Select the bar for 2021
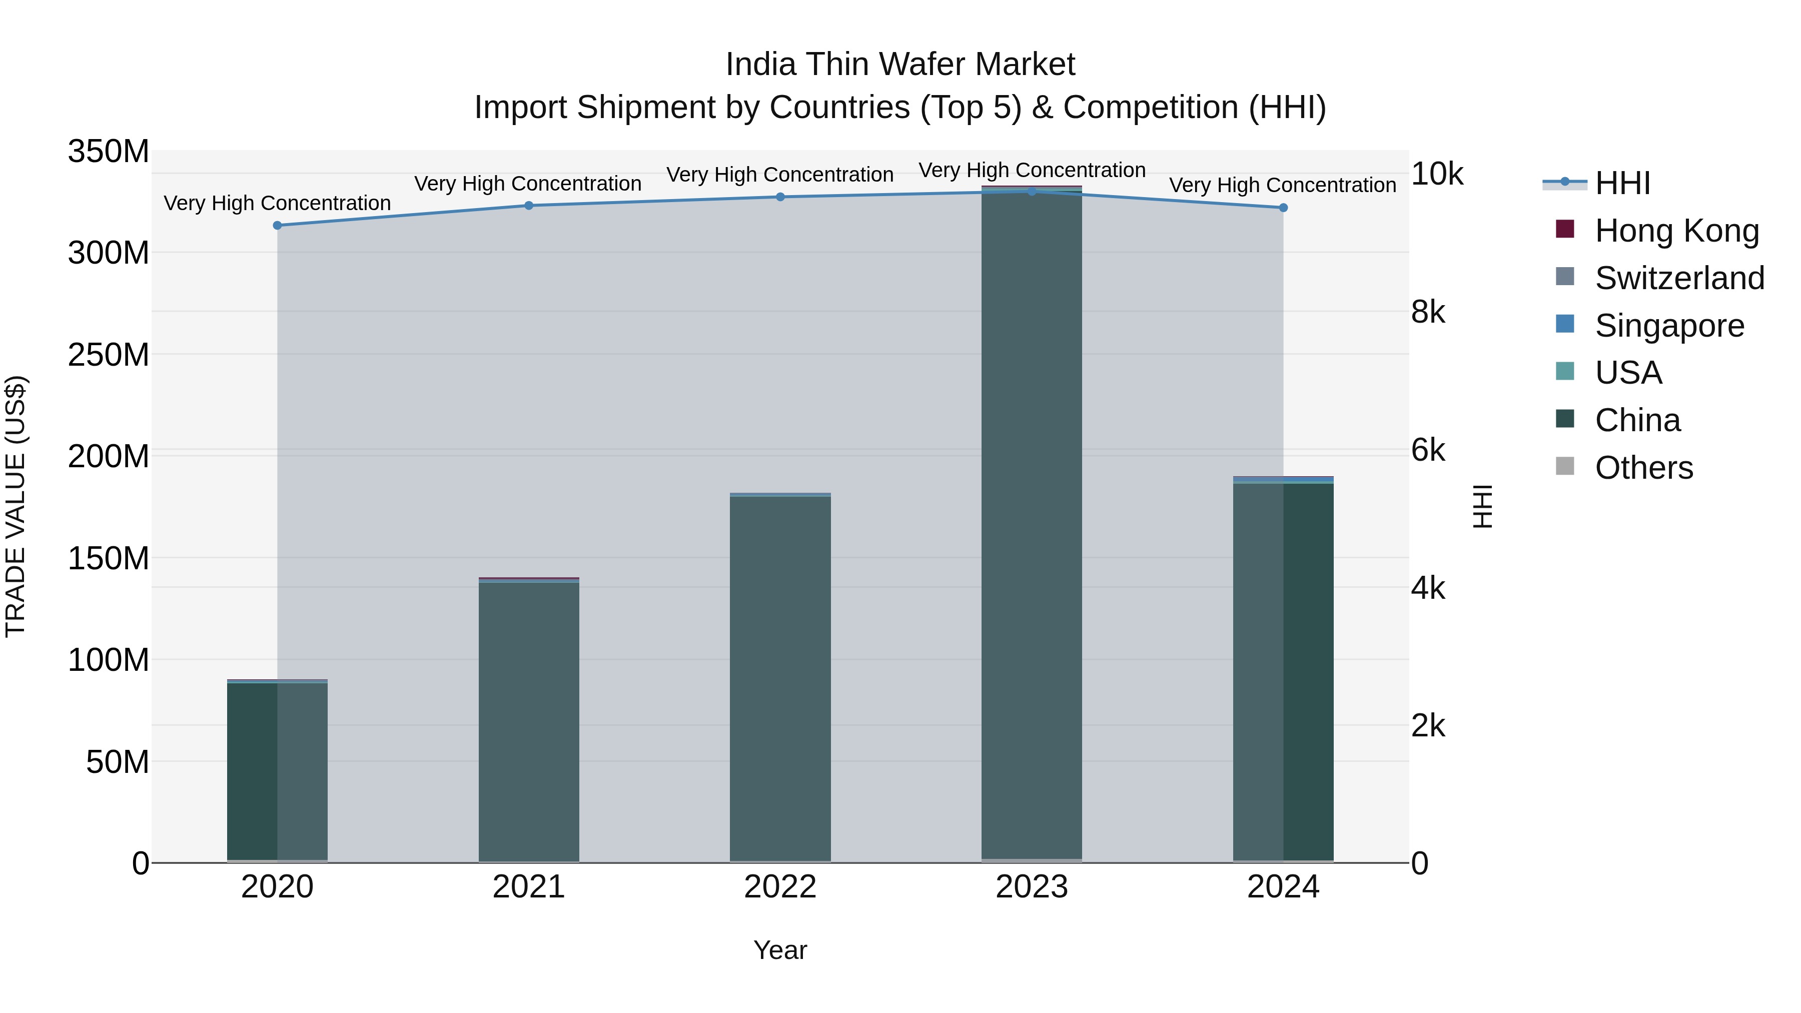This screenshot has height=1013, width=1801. [529, 720]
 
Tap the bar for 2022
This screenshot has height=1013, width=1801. [780, 678]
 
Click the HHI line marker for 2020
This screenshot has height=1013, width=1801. [278, 225]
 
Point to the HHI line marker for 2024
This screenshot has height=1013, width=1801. [1283, 208]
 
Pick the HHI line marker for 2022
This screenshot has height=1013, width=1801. [780, 197]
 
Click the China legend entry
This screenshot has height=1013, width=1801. [1636, 420]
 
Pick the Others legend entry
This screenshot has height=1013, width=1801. [1643, 468]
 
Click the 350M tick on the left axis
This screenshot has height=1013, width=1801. [109, 152]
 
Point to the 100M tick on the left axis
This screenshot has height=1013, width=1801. [109, 660]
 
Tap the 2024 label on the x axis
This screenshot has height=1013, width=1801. [1283, 887]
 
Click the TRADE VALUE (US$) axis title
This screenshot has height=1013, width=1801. [16, 506]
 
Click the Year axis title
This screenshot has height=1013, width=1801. [780, 950]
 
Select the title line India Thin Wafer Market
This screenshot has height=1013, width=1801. [900, 65]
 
